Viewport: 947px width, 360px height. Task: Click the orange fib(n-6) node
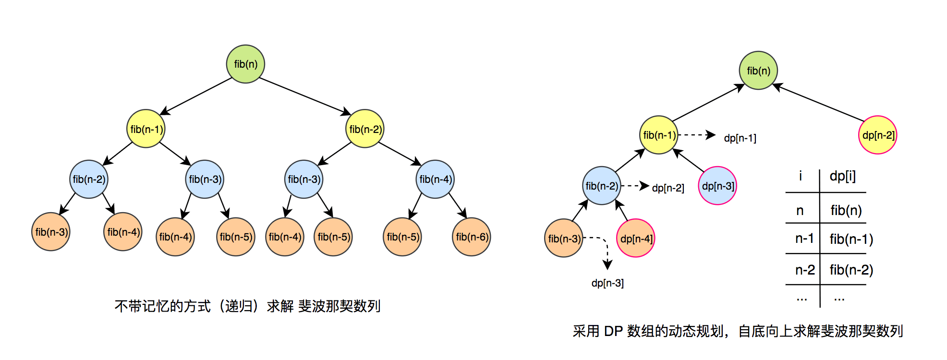tap(471, 237)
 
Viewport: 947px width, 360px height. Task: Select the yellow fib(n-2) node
tap(365, 129)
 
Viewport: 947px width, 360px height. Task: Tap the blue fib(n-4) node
tap(435, 179)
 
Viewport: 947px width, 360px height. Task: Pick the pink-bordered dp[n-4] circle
tap(636, 238)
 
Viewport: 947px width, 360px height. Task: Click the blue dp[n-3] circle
tap(717, 186)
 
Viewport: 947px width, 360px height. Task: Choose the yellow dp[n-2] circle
tap(878, 135)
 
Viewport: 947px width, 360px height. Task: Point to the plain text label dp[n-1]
tap(740, 138)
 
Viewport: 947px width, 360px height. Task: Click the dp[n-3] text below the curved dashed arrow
tap(607, 283)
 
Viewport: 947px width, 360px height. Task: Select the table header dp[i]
tap(842, 176)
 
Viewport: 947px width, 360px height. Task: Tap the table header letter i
tap(801, 176)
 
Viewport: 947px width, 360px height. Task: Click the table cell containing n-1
tap(804, 239)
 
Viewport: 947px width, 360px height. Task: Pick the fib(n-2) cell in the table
tap(851, 270)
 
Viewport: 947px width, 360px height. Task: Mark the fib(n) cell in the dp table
tap(846, 210)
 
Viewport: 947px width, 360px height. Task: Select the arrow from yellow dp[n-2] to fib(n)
tap(819, 102)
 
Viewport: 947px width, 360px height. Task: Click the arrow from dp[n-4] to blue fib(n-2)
tap(622, 211)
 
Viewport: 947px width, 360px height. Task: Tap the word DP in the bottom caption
tap(613, 331)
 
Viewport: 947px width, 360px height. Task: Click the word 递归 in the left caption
tap(239, 306)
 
